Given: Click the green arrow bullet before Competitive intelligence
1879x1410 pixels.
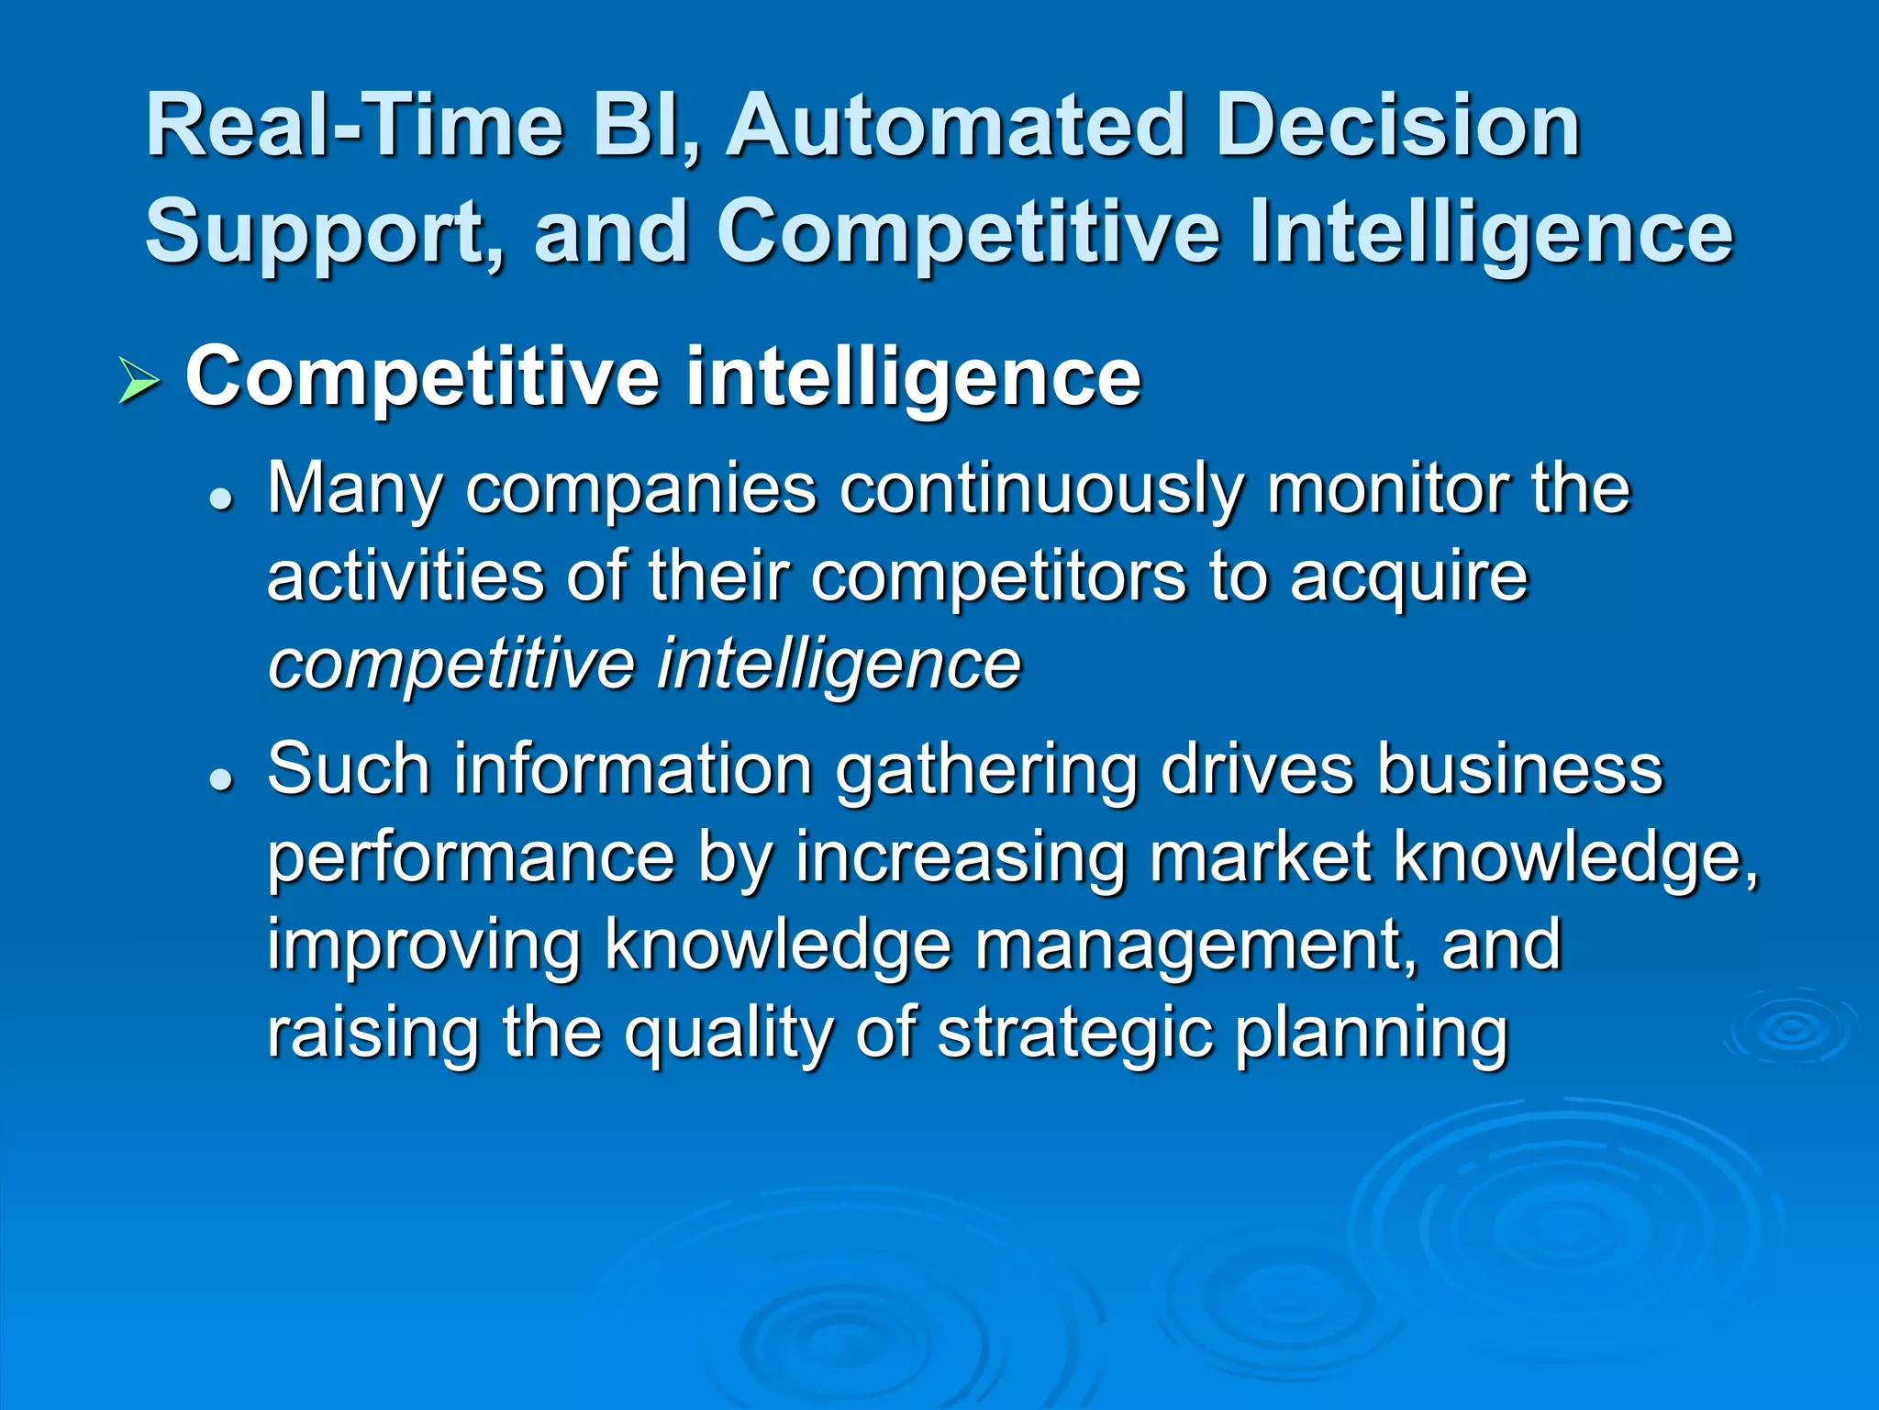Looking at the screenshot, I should click(139, 382).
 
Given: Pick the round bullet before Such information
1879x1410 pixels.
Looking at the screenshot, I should click(220, 778).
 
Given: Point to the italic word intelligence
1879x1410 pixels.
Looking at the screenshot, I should click(839, 666).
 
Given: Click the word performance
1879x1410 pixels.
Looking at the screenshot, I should click(471, 858).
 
